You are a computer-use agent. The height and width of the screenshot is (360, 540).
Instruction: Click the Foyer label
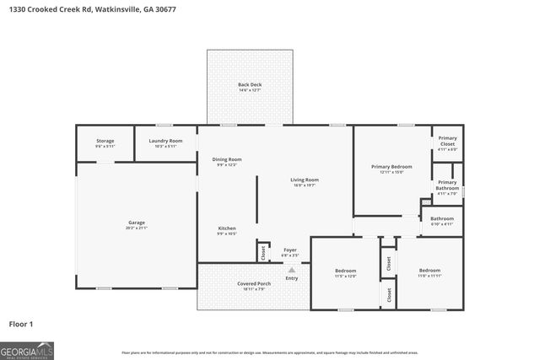coord(289,250)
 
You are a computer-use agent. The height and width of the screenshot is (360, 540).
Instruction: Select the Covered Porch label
coord(253,284)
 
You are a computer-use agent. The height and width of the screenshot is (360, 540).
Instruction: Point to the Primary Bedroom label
coord(392,167)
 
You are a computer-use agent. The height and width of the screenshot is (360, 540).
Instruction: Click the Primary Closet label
coord(447,141)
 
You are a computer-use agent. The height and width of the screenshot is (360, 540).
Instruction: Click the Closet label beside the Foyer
coord(263,250)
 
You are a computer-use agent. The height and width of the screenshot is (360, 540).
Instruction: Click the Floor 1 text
coord(21,324)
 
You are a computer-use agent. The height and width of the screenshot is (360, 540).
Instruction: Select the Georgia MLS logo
coord(27,350)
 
